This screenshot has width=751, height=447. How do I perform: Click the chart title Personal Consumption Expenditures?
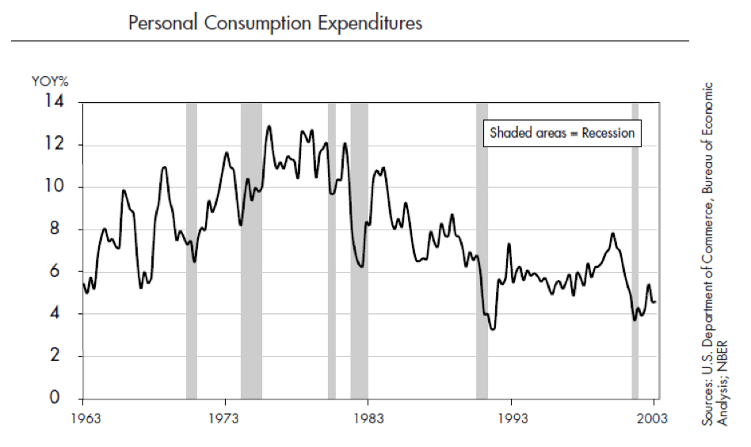275,23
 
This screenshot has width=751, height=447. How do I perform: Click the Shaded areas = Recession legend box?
562,133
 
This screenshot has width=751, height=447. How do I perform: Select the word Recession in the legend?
608,133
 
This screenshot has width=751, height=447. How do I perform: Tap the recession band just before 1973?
192,250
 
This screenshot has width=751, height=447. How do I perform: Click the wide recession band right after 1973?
251,250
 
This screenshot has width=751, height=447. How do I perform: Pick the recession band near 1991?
482,250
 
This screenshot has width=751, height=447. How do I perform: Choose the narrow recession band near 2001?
635,250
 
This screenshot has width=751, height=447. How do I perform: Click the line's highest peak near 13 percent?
269,126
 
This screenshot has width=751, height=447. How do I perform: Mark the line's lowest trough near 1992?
493,328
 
